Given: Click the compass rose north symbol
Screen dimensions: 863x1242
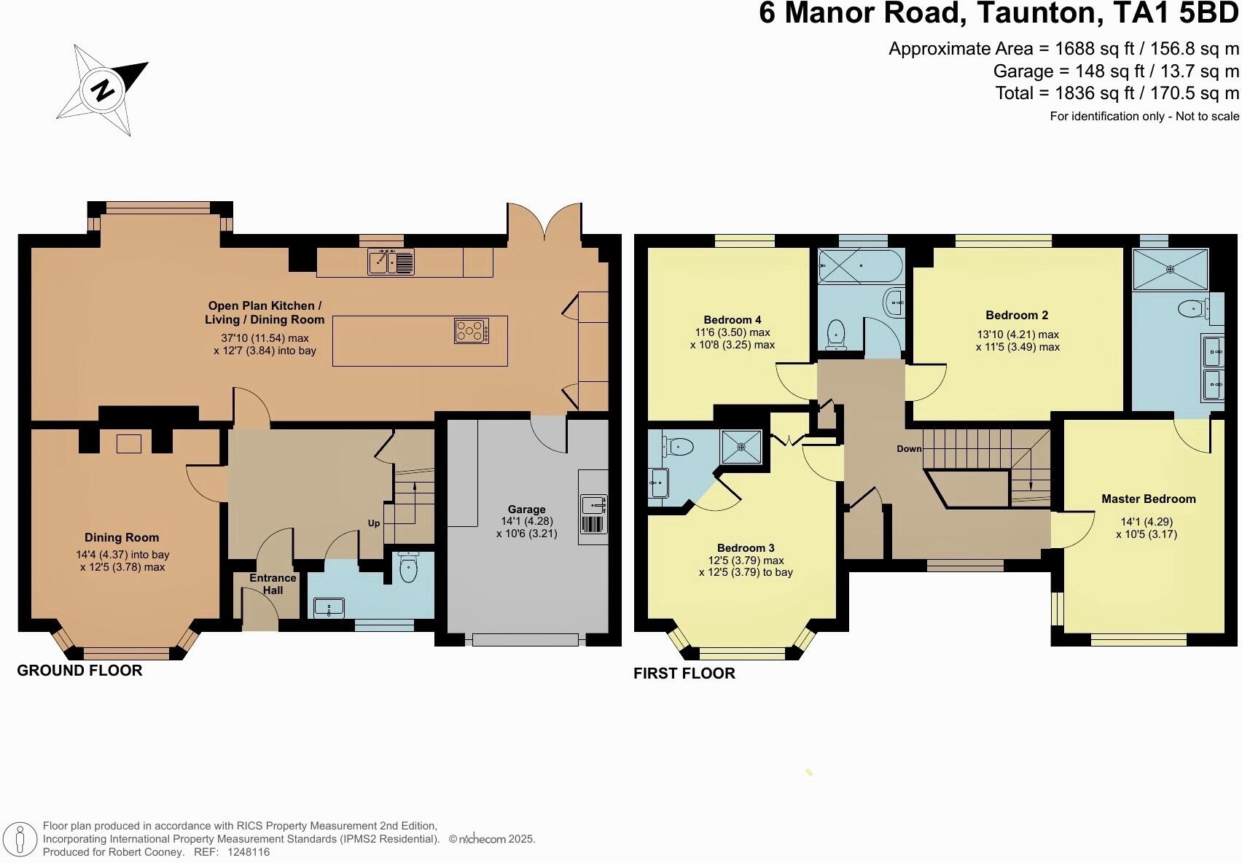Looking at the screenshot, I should (103, 90).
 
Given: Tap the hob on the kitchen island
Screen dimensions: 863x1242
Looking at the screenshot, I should (472, 331).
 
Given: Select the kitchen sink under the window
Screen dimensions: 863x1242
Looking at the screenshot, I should (391, 262).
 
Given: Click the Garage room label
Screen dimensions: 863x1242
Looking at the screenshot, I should (526, 509).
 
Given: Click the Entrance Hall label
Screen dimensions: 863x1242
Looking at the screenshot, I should (273, 584).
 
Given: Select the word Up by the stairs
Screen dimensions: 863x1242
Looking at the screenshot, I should (374, 523).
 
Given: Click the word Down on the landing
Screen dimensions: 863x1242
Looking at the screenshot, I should (909, 449).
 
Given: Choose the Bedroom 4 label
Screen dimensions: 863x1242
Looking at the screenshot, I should (733, 320).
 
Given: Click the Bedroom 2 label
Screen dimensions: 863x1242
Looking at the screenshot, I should (1017, 316).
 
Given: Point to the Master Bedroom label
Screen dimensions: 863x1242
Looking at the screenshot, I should (1148, 499).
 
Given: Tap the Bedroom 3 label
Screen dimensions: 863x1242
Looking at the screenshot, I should (746, 548).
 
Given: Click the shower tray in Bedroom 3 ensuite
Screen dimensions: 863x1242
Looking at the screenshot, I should (741, 447).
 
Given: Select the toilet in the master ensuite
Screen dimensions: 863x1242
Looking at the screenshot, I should (1192, 309).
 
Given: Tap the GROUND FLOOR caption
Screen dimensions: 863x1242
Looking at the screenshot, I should (79, 671).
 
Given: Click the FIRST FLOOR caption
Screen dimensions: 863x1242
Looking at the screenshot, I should (684, 673).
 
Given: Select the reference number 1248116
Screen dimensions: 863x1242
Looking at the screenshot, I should (249, 851).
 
